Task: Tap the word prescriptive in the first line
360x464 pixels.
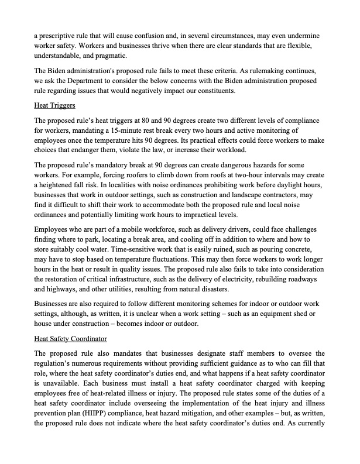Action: pos(62,36)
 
